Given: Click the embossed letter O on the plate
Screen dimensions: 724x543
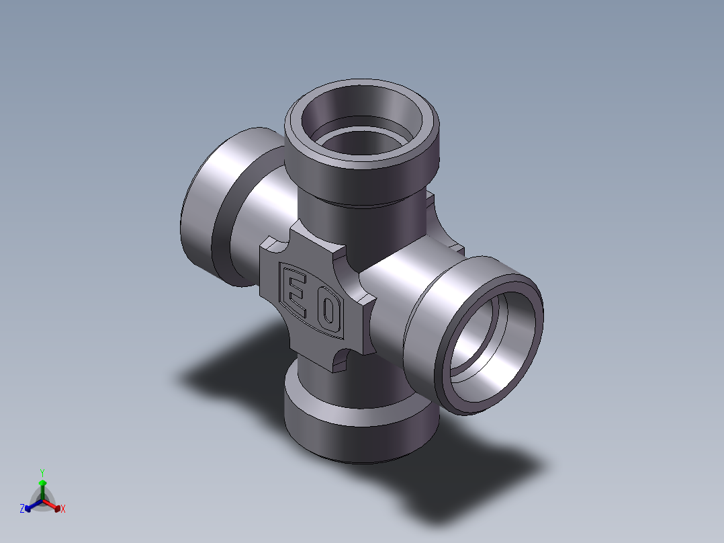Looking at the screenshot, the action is click(329, 310).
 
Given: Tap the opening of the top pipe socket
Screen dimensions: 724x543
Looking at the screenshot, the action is click(361, 121).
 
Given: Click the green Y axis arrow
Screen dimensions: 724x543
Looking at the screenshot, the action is click(42, 490).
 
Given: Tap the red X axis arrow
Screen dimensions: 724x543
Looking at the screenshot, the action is click(52, 505).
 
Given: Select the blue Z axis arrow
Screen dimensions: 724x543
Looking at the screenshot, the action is click(34, 505).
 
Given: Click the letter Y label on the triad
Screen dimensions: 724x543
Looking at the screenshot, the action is click(42, 472).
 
